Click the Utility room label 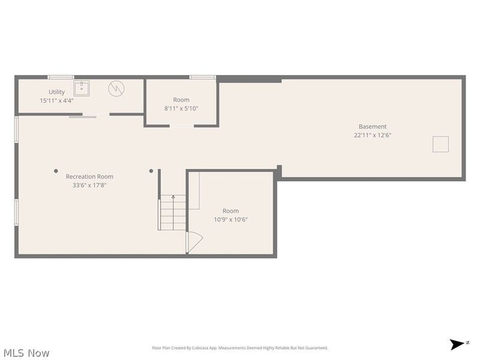[x=56, y=92]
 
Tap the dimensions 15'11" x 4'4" [x=56, y=100]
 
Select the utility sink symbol [x=82, y=88]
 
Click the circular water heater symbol [x=116, y=88]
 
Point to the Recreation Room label [x=89, y=176]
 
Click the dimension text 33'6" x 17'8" [x=89, y=185]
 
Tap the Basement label [x=373, y=127]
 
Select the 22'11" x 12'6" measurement [x=373, y=135]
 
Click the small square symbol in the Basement [x=440, y=144]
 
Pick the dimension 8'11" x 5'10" [x=181, y=109]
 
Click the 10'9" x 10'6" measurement [x=230, y=220]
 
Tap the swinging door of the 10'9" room [x=194, y=242]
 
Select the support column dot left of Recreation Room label [x=56, y=171]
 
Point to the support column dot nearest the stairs [x=151, y=171]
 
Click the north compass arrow [x=457, y=344]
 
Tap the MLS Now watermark [x=26, y=353]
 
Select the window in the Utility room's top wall [x=61, y=77]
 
